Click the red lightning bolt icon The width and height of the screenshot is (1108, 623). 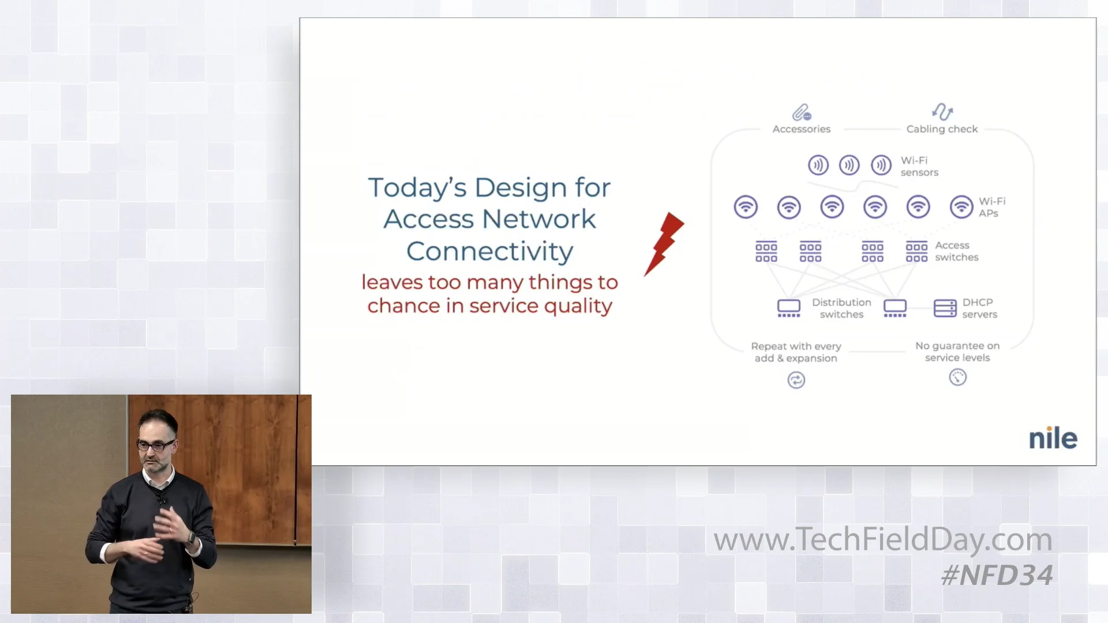664,243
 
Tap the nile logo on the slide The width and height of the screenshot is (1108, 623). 1053,439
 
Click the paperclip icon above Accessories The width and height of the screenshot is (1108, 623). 802,112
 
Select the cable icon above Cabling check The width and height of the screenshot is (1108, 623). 942,111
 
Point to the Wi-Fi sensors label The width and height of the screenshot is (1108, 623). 919,166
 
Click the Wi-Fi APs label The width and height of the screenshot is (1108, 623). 991,207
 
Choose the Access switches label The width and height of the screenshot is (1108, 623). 956,252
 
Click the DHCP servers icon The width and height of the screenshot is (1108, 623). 945,309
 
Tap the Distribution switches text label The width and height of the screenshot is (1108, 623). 841,309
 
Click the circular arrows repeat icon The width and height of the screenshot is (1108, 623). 796,380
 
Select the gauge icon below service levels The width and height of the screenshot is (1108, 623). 957,377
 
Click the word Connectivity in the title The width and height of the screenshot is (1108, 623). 489,252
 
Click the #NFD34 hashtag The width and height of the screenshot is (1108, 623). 997,576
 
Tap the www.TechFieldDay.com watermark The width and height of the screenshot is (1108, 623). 882,539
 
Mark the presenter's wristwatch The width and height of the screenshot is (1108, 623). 191,538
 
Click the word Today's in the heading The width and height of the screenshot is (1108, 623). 417,188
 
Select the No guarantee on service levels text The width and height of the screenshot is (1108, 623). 957,352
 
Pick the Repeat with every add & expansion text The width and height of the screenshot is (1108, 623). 796,352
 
